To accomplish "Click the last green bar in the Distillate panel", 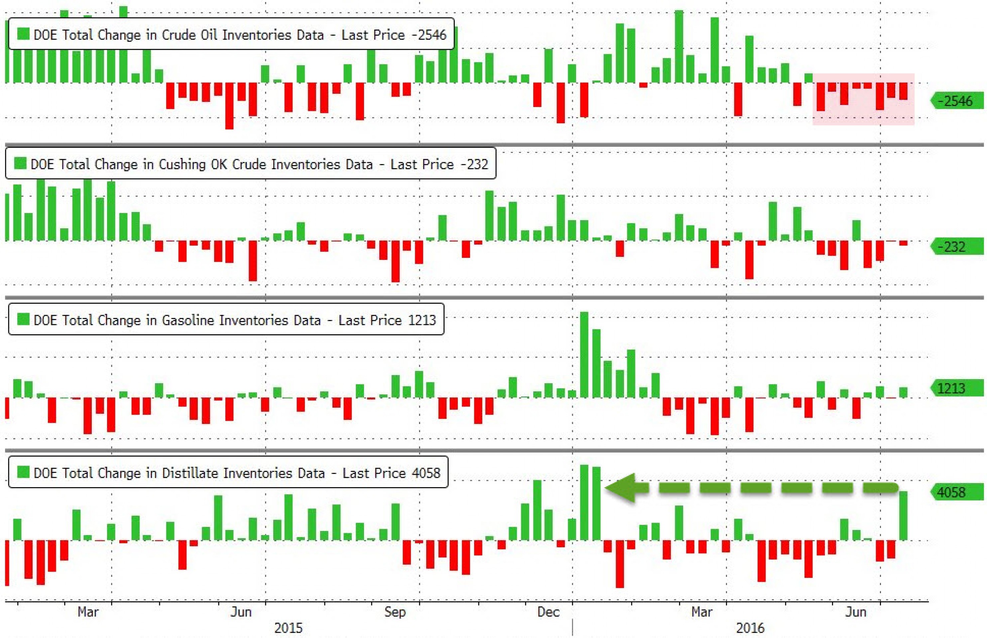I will point(903,516).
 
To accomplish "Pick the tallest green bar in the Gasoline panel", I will point(584,355).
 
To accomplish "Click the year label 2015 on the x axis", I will point(289,628).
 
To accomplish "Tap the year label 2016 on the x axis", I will point(750,628).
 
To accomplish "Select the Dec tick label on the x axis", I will point(548,612).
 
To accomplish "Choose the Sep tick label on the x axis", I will point(395,612).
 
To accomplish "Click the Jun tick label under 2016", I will point(856,612).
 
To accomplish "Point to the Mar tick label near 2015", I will point(88,612).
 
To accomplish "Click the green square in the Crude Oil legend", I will point(23,34).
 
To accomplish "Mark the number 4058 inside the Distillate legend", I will point(426,473).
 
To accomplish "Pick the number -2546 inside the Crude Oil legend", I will point(429,35).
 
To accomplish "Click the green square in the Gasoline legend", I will point(23,319).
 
